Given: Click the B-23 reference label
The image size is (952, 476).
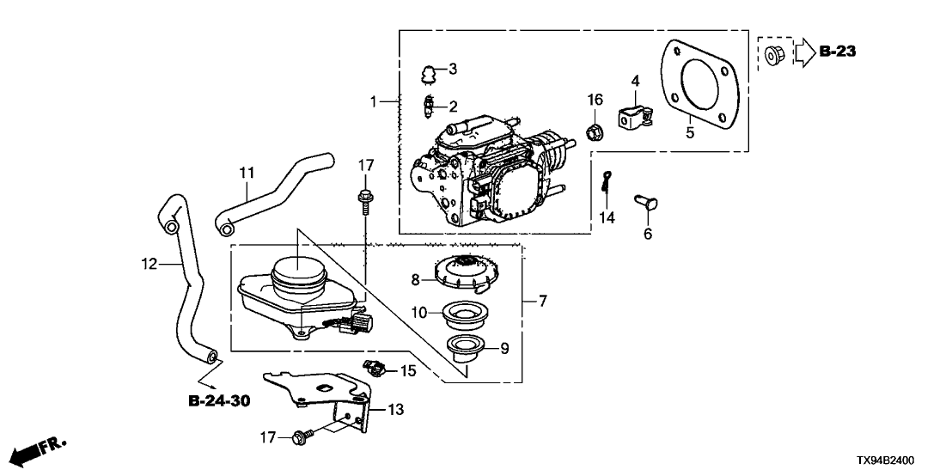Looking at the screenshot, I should (x=837, y=52).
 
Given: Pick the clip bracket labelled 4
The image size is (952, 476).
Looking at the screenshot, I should (x=633, y=115).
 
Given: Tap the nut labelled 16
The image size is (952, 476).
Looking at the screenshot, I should (x=593, y=132).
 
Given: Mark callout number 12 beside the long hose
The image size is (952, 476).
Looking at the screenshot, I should (x=150, y=265).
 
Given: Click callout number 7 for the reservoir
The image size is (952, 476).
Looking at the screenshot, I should (x=543, y=301).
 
